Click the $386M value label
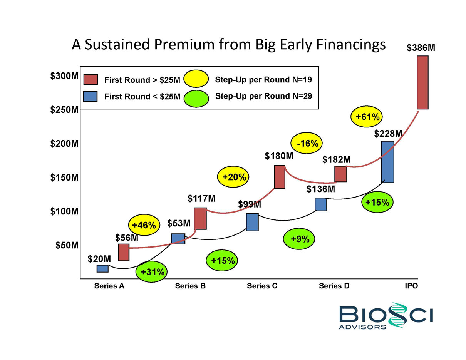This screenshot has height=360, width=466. (x=422, y=48)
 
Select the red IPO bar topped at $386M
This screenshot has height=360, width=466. (x=422, y=82)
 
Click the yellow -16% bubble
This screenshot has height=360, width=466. (x=307, y=144)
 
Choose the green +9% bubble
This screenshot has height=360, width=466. (x=300, y=239)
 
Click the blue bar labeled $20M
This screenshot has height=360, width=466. (x=102, y=268)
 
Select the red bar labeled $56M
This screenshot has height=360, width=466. (x=123, y=252)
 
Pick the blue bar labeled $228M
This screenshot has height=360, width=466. (x=387, y=162)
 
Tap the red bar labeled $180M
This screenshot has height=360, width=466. (x=280, y=177)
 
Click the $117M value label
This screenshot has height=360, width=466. (x=201, y=199)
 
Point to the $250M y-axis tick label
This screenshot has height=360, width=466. (x=65, y=110)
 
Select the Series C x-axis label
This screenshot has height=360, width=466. (x=262, y=286)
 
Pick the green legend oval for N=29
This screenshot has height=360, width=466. (x=196, y=96)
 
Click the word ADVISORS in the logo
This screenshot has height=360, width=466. (x=362, y=327)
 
